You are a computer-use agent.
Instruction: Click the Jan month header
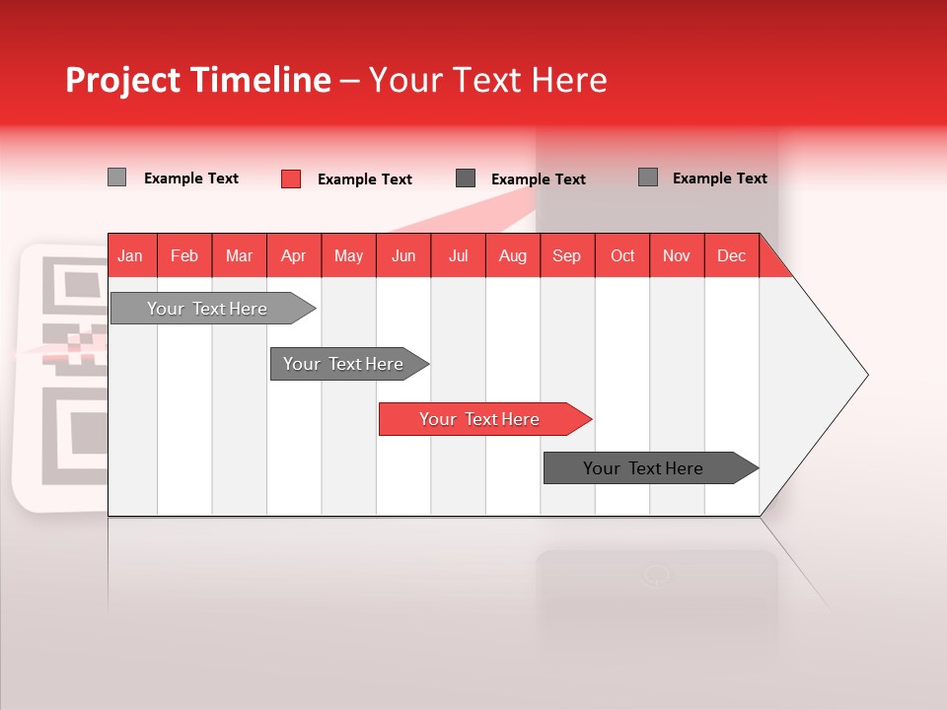point(131,255)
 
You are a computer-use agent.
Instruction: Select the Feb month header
point(184,255)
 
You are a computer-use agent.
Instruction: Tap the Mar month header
point(239,255)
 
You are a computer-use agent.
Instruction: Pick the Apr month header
point(294,255)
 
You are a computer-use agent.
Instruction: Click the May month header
point(348,255)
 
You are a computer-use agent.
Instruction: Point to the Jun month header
point(403,255)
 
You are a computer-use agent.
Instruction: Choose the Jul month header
point(458,255)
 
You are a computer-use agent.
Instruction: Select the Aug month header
point(513,255)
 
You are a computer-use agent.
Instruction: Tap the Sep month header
point(567,255)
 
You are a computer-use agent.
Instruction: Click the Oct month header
point(622,255)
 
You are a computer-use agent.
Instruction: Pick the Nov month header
point(677,255)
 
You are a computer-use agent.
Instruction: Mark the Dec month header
point(732,255)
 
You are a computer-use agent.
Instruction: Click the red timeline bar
point(479,419)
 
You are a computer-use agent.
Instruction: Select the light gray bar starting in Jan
point(207,309)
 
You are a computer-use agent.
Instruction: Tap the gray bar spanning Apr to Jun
point(343,364)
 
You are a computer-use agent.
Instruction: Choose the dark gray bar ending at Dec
point(643,468)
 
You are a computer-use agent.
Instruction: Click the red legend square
point(291,178)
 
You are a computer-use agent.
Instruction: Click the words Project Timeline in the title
point(198,80)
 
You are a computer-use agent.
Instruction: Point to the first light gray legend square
point(117,177)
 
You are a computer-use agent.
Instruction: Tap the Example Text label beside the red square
point(365,179)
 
